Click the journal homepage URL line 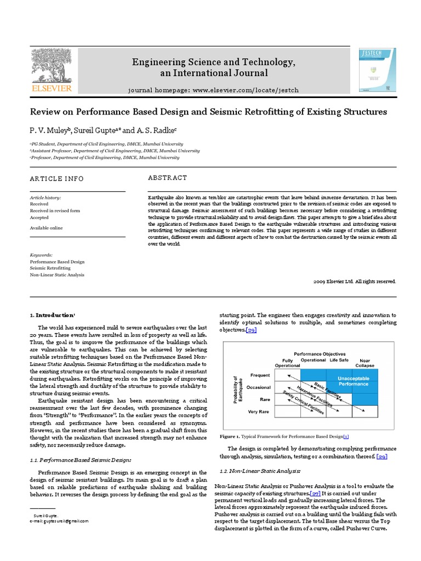(x=214, y=89)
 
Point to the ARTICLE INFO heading (x=57, y=179)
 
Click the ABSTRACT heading (x=168, y=178)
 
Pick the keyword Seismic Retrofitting (x=50, y=268)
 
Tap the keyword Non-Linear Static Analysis (x=57, y=275)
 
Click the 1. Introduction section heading (x=51, y=315)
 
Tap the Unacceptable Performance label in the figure (x=353, y=381)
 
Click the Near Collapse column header (x=365, y=363)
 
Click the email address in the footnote (x=59, y=521)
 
